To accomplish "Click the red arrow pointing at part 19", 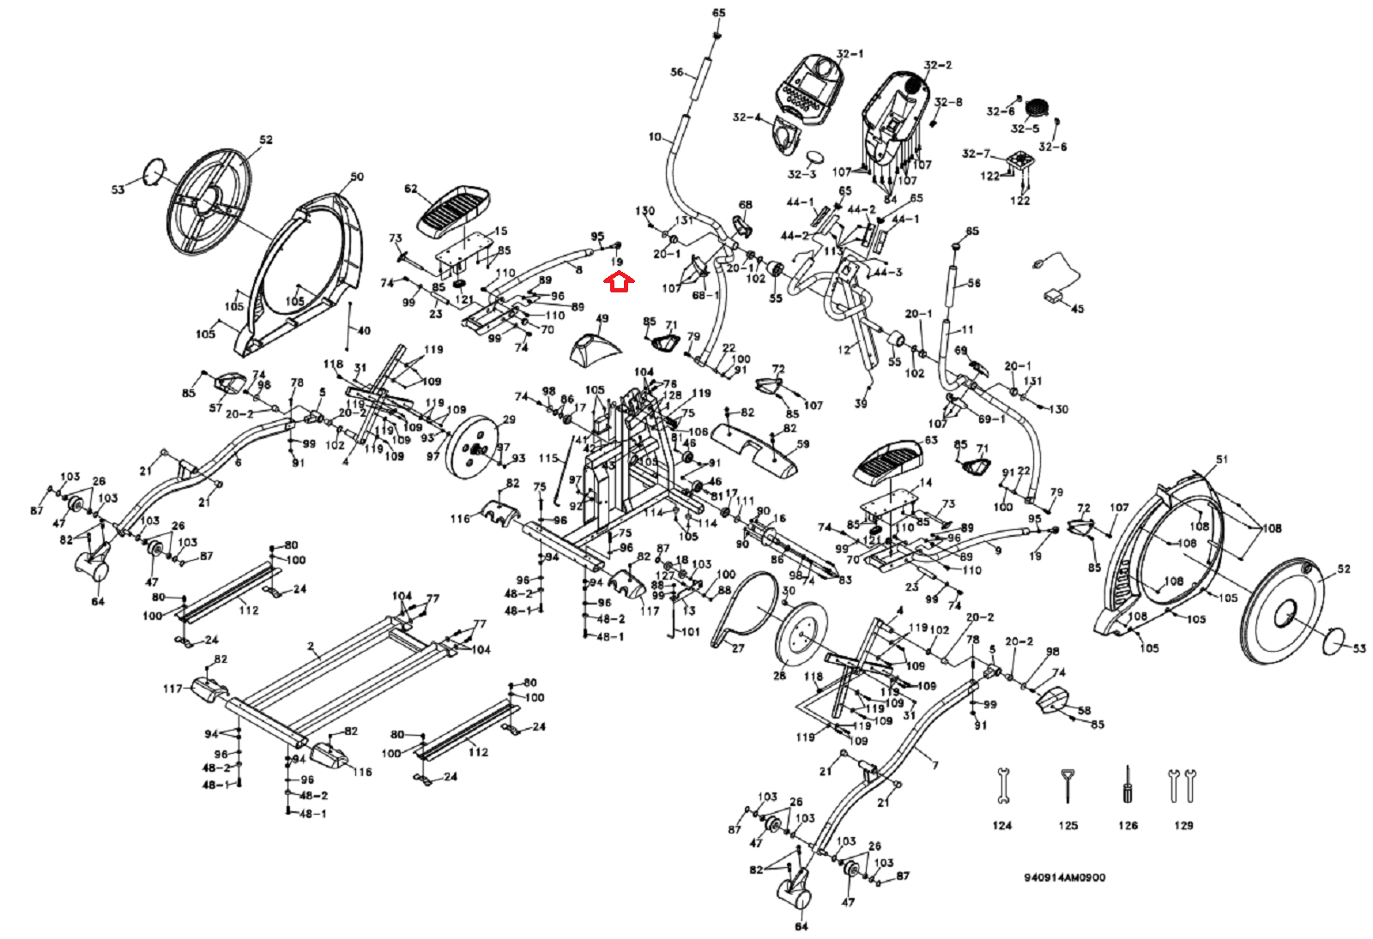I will coord(619,281).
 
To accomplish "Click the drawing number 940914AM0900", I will coord(1064,877).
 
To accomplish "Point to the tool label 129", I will coord(1183,825).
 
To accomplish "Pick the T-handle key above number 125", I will coord(1067,785).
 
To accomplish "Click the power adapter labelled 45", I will coord(1053,297).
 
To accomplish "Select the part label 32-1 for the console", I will coord(850,54).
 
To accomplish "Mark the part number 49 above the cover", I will coord(602,319).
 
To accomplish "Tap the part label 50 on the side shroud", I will coord(357,177).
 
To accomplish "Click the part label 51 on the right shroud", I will coord(1222,460).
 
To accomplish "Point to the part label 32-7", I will coord(976,153).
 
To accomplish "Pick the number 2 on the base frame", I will coord(311,647).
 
